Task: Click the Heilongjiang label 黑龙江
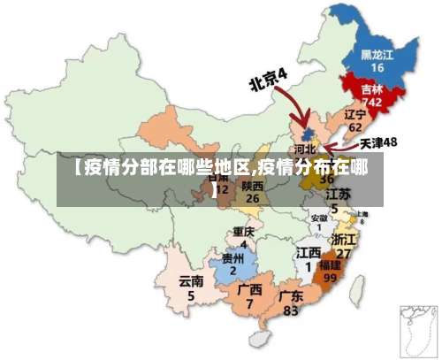377,54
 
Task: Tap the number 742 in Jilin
372,103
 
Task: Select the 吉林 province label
372,89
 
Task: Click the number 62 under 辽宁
355,127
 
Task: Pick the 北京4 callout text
269,80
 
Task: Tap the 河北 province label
305,150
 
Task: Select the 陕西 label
252,187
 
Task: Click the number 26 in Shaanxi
252,199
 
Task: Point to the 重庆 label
243,232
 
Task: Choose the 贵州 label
233,259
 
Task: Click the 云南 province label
191,281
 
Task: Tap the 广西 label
250,289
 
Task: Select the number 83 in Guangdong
291,310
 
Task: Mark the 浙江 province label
343,240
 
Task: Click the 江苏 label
337,194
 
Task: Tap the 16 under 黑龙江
377,67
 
